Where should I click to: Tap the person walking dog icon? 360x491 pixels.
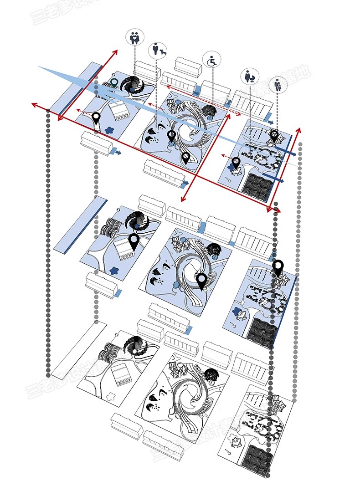[x=158, y=51]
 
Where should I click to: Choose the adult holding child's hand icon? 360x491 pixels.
[x=278, y=85]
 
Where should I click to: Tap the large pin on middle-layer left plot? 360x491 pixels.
[x=134, y=242]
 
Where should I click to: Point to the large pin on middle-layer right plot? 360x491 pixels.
[x=278, y=268]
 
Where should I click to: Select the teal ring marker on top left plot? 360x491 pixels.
[x=114, y=82]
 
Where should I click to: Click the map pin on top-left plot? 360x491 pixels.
[x=96, y=119]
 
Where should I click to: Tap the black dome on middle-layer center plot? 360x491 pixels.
[x=214, y=249]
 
